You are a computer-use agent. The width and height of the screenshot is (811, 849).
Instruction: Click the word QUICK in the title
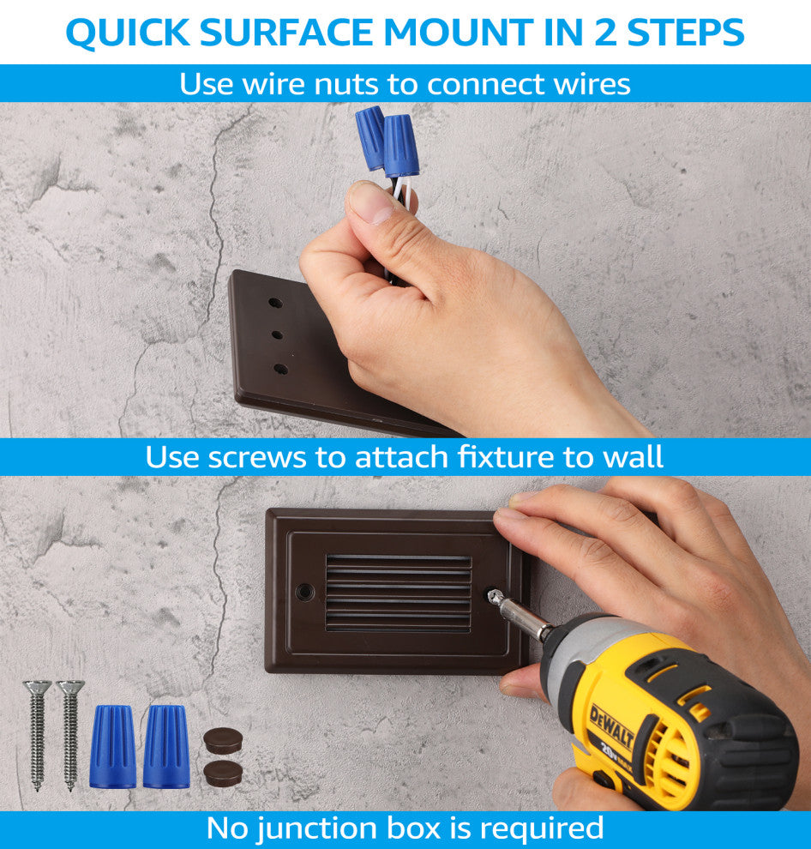[x=128, y=33]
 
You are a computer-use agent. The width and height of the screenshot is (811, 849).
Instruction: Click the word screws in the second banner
[x=257, y=458]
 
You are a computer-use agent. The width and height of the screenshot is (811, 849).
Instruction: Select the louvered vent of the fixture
[x=399, y=593]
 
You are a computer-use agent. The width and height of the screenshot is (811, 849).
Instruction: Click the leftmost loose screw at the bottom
[x=38, y=735]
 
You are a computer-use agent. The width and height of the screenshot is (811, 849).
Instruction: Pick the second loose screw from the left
[x=70, y=735]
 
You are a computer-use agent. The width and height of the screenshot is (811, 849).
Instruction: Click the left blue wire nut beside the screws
[x=112, y=745]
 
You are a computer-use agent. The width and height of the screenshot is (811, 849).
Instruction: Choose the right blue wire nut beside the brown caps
[x=166, y=745]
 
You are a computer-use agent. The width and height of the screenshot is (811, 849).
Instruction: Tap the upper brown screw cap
[x=223, y=741]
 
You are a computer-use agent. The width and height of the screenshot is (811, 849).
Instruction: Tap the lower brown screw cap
[x=223, y=774]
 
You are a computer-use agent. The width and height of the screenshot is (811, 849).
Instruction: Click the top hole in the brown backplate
[x=275, y=302]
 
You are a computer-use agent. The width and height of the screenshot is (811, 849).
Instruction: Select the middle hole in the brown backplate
[x=277, y=335]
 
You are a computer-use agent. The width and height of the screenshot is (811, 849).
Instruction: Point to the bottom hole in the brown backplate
[x=281, y=370]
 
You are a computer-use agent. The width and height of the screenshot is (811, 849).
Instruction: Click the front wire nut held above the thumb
[x=400, y=145]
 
